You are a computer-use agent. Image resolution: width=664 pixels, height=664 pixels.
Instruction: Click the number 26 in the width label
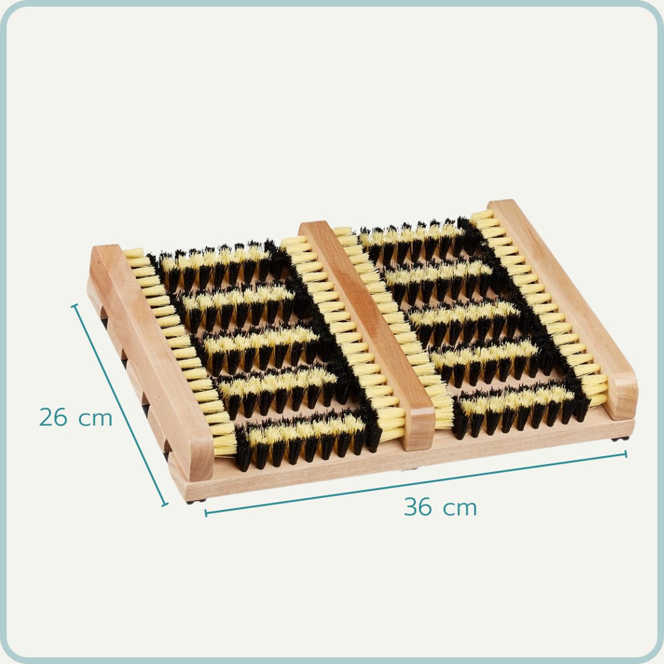click(x=53, y=417)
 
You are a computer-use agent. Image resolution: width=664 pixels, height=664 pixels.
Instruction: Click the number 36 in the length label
click(x=418, y=507)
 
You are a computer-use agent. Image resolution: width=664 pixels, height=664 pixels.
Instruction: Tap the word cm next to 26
click(x=95, y=419)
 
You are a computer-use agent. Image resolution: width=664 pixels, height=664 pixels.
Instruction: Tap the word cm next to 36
click(x=460, y=509)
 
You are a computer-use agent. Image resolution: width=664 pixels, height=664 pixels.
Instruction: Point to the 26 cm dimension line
click(x=120, y=405)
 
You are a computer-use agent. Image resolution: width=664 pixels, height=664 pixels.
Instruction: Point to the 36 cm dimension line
click(x=416, y=484)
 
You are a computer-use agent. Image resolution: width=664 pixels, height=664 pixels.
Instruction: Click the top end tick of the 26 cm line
click(x=75, y=305)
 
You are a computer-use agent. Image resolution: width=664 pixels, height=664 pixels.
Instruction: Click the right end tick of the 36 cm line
click(x=625, y=454)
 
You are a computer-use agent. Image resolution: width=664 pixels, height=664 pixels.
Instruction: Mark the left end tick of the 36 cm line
click(x=206, y=513)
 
